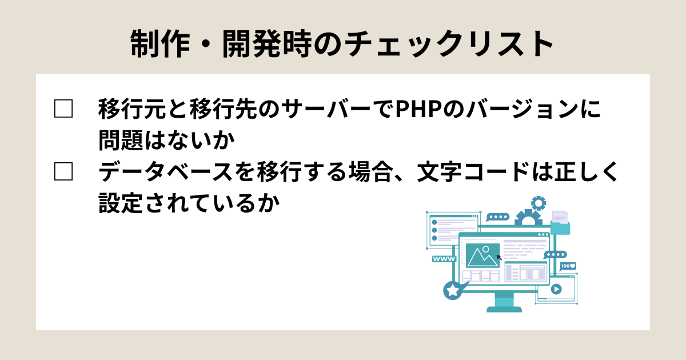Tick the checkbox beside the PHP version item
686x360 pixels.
pyautogui.click(x=63, y=109)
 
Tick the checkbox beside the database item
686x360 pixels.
pyautogui.click(x=63, y=171)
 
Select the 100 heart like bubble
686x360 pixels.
pyautogui.click(x=568, y=266)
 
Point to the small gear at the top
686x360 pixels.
pyautogui.click(x=539, y=202)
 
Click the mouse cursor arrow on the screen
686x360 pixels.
pyautogui.click(x=500, y=258)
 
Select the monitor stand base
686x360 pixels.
pyautogui.click(x=504, y=309)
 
